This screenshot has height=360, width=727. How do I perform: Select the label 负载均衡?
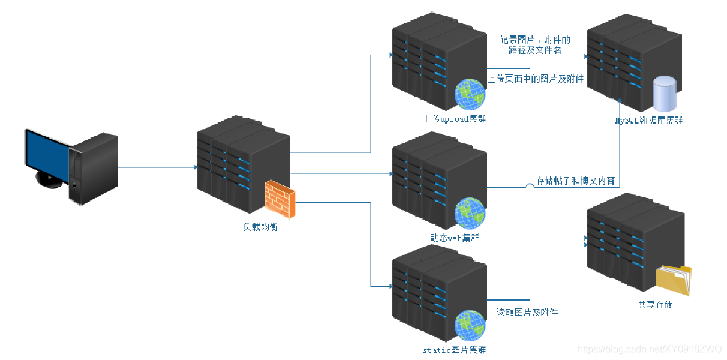tap(260, 227)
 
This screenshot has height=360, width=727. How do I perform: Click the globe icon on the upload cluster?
tap(470, 94)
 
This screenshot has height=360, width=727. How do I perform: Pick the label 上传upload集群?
tap(454, 118)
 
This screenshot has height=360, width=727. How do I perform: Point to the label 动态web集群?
tap(454, 238)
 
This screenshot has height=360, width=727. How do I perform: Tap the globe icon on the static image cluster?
tap(470, 326)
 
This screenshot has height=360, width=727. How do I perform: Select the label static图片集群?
tap(454, 350)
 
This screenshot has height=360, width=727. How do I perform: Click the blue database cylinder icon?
tap(664, 94)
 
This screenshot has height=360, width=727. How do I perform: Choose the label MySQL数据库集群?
tap(648, 120)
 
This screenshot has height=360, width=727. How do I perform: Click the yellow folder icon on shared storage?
tap(673, 280)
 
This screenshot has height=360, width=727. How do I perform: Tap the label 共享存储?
tap(655, 305)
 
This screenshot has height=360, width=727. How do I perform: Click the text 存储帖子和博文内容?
tap(575, 181)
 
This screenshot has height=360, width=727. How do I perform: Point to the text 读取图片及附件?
tap(527, 313)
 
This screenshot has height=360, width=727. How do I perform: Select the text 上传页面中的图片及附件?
tap(536, 79)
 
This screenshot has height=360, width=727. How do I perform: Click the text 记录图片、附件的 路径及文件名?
tap(536, 45)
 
